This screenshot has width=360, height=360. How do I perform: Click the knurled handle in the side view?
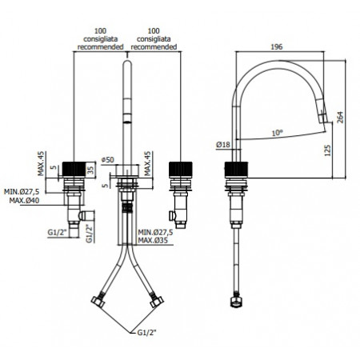pyautogui.click(x=237, y=170)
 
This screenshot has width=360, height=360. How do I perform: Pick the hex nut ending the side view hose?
pyautogui.click(x=237, y=302)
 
